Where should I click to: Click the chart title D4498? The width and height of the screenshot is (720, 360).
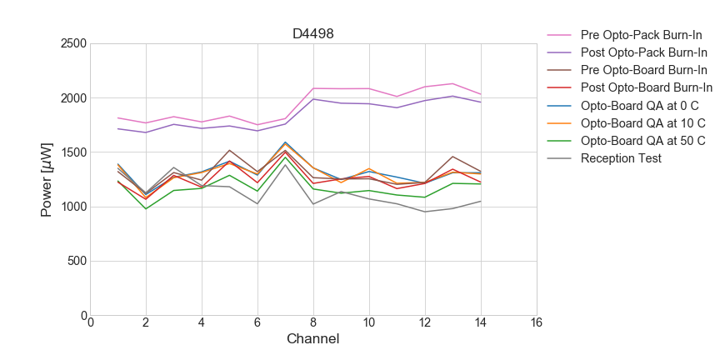313,34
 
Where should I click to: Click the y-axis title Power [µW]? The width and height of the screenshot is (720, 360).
47,180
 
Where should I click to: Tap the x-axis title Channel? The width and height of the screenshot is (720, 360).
313,339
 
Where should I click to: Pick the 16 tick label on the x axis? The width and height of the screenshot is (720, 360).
537,323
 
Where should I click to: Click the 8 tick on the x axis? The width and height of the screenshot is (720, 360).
313,323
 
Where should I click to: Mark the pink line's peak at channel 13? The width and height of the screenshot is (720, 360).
452,83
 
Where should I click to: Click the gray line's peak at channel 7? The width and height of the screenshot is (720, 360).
285,164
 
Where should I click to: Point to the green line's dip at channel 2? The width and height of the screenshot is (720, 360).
146,209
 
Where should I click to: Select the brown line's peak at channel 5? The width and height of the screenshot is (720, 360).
230,150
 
